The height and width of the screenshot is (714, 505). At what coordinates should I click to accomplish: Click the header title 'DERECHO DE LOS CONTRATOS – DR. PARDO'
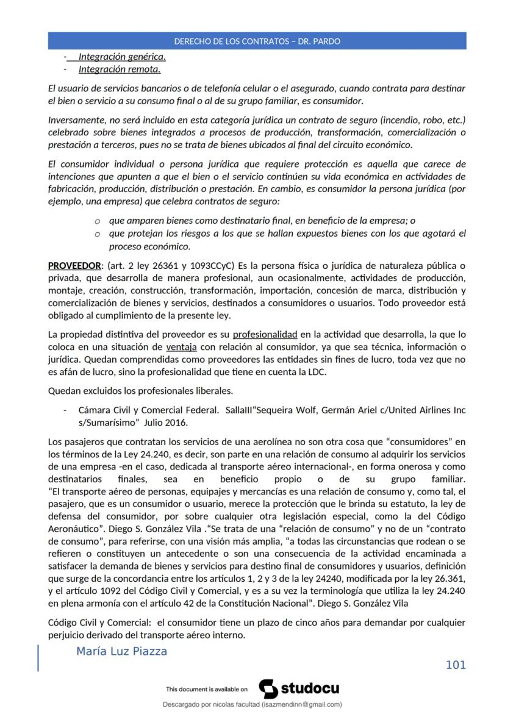pos(257,41)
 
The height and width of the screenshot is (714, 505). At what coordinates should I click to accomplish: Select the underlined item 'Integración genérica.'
pos(122,57)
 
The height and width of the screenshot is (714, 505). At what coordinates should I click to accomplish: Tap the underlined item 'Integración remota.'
pos(119,69)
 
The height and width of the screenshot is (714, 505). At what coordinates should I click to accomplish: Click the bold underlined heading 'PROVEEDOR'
pos(74,266)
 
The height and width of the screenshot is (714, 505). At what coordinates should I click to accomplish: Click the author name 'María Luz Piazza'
pos(121,651)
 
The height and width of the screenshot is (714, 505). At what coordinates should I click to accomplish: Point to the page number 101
pos(456,665)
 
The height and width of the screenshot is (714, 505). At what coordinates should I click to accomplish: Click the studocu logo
pos(299,689)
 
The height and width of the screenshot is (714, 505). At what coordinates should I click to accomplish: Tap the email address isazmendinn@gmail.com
pos(301,704)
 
